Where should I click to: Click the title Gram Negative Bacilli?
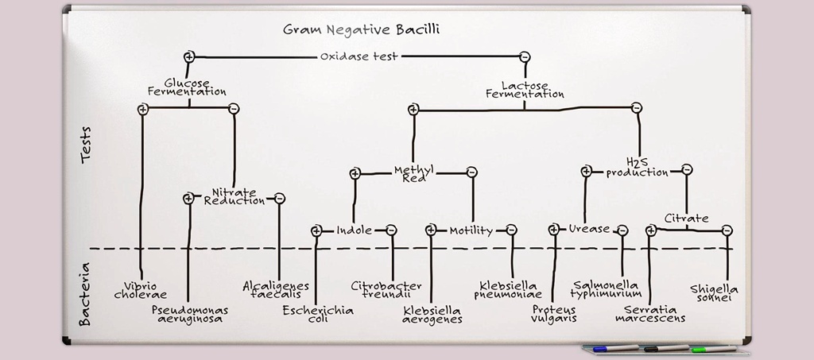(x=362, y=30)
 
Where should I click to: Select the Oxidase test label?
(x=359, y=56)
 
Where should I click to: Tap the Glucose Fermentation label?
(x=187, y=87)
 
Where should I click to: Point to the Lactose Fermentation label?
(x=525, y=89)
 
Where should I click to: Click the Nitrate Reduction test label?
(x=234, y=196)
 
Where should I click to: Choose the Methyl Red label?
(x=413, y=174)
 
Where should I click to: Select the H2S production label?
(x=637, y=167)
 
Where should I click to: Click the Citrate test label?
(x=687, y=218)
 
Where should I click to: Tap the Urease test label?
(x=589, y=229)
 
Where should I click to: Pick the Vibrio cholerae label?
(x=141, y=290)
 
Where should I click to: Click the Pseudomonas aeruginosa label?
(x=190, y=314)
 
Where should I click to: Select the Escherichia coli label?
(x=318, y=314)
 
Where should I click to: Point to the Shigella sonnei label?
(x=715, y=293)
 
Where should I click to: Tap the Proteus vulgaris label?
(x=554, y=314)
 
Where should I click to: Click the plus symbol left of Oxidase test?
(x=189, y=56)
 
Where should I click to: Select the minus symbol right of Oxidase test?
(x=525, y=56)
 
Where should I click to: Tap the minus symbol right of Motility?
(x=511, y=230)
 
